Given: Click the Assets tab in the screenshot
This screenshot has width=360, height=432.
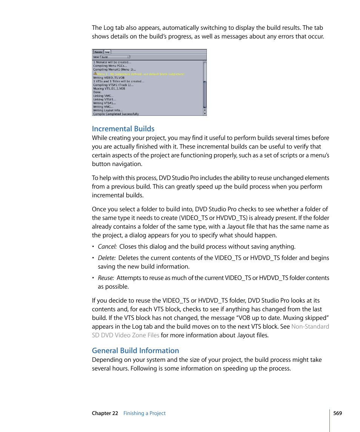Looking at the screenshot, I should pos(98,52).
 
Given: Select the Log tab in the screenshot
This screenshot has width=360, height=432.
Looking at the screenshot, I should pos(107,52).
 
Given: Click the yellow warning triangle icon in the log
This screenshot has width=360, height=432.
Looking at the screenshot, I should pos(95,74).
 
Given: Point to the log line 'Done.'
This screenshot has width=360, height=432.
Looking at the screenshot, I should pos(97,92).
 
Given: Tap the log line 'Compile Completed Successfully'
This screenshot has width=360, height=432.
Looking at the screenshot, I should pos(116,114).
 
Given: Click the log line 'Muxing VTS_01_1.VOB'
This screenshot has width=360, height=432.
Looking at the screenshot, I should pos(109,88).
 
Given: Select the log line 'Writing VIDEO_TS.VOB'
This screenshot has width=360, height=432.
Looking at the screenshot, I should pos(109,77).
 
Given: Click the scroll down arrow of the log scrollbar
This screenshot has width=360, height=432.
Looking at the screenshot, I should pos(205,113).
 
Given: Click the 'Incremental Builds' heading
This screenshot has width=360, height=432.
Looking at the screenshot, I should pos(123,129).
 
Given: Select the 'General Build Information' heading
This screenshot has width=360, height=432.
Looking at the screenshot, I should pos(135,351).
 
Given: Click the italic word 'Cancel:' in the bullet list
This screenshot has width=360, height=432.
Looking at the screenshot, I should pos(107,247).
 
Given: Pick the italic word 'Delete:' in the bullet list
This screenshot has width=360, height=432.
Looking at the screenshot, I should pos(107,258).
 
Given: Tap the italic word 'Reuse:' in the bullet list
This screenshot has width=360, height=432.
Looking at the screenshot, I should pos(106,278).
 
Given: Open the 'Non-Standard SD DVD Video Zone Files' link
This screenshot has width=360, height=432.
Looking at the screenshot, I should pos(125,335).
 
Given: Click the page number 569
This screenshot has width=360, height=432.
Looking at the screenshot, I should pos(337,413).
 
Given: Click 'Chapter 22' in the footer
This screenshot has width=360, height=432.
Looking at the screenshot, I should pos(105,413).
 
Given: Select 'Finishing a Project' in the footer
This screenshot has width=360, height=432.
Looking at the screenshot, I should pos(145,413).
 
